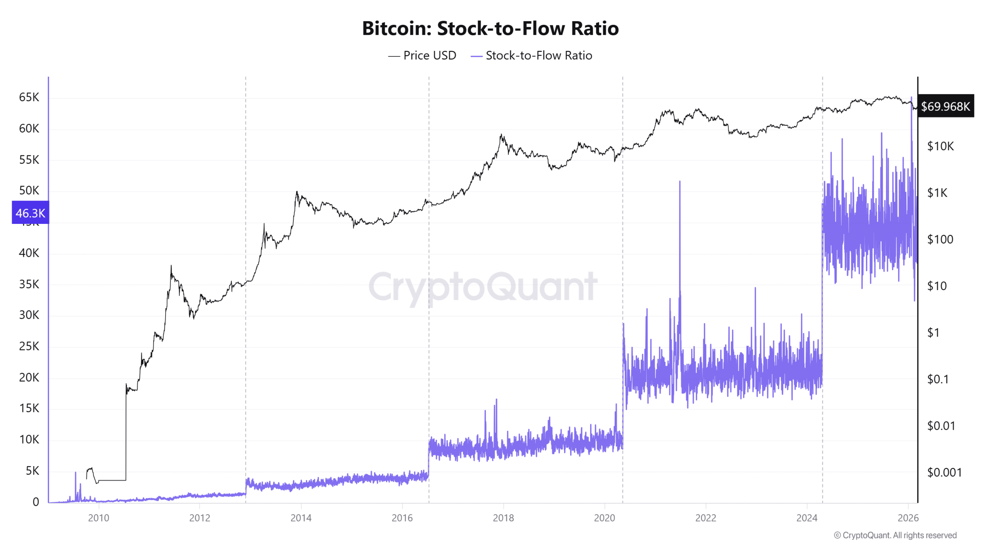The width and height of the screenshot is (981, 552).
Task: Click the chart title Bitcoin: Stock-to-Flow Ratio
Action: [490, 28]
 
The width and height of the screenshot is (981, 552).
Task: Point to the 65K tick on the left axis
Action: [29, 97]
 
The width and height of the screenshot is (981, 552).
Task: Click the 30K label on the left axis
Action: [29, 315]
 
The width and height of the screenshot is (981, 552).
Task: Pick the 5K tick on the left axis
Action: [32, 471]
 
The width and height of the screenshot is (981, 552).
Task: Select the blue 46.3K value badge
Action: [30, 213]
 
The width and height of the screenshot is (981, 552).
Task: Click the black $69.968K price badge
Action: [945, 106]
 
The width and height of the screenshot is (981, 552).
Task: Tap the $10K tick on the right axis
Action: [940, 146]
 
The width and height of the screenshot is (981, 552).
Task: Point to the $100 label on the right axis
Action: [940, 240]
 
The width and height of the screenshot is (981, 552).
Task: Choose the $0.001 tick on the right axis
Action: [944, 473]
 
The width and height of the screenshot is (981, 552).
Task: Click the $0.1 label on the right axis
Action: [938, 379]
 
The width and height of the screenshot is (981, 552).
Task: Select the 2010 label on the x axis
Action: [98, 518]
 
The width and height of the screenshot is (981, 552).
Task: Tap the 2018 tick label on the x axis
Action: [503, 518]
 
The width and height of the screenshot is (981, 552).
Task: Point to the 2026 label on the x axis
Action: [908, 518]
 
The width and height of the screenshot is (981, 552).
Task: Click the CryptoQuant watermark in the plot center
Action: [483, 286]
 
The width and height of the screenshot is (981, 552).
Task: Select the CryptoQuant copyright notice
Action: [895, 535]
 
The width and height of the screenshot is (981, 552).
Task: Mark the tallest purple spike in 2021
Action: [680, 182]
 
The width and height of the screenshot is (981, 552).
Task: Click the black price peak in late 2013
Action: [297, 192]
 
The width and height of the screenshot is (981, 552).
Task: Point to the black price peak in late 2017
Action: [501, 135]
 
